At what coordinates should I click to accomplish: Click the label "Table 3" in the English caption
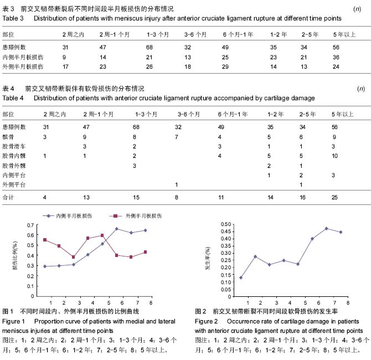pos(13,18)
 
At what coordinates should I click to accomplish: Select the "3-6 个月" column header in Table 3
pos(195,34)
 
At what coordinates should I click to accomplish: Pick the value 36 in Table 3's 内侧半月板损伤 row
pos(336,57)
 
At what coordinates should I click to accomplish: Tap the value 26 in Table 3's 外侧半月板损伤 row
pos(150,67)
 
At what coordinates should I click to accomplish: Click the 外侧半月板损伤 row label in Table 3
pos(23,67)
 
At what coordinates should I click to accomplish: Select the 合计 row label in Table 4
pos(8,197)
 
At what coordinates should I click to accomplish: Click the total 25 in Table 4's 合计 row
pos(334,197)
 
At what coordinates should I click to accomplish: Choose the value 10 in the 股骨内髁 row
pos(334,156)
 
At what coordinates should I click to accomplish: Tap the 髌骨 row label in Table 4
pos(8,137)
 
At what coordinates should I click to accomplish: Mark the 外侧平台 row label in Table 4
pos(14,184)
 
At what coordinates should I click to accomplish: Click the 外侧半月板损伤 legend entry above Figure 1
pos(136,216)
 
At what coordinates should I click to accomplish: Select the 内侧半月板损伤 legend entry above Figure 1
pos(67,216)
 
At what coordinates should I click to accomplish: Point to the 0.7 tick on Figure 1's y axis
pos(30,225)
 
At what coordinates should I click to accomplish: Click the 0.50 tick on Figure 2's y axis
pos(226,224)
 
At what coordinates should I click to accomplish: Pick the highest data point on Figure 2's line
pos(326,229)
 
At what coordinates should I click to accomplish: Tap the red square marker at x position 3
pos(73,257)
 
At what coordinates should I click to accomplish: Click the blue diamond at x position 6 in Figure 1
pos(116,229)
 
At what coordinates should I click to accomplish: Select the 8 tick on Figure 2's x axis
pos(348,303)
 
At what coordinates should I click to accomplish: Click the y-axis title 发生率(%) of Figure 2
pos(208,258)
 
